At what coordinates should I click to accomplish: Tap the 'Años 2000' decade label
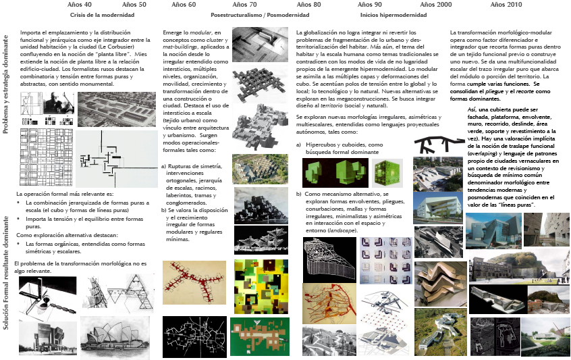(436, 5)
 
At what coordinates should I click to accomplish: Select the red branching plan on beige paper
(194, 283)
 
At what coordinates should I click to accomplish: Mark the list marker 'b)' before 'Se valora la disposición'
(164, 209)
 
